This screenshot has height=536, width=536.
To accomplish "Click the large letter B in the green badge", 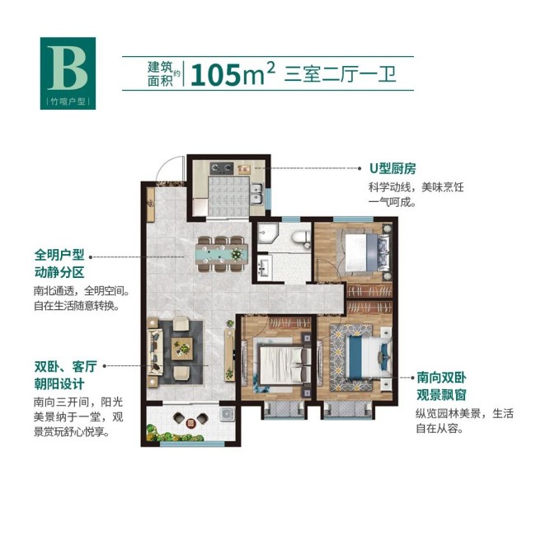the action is tap(68, 68).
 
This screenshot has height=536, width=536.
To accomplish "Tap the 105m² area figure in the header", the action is tap(233, 74).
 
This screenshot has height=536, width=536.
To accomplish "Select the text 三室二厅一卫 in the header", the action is tap(340, 74).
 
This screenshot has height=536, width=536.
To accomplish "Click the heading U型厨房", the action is tap(393, 168).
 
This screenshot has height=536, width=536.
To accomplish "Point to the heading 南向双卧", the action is tap(441, 378).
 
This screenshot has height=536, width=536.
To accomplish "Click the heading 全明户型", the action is tap(59, 255).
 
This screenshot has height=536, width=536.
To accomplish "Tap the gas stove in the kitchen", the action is tap(222, 168).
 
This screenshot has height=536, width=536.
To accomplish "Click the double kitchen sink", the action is tap(256, 194).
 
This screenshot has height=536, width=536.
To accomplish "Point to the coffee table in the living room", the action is tap(182, 348).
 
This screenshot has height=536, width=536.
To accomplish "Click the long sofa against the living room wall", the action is tap(155, 352).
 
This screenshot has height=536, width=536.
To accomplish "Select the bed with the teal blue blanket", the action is tap(364, 356).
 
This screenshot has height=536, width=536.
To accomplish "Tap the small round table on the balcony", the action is tap(190, 423).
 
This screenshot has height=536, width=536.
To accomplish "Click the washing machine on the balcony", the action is tap(227, 414).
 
